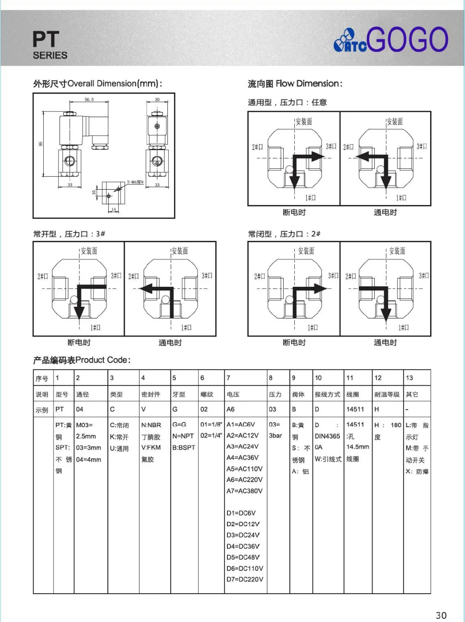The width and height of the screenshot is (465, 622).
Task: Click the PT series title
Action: (46, 40)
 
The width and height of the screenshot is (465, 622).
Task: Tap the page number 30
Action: (441, 615)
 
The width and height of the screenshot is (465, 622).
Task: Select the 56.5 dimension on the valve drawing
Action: (89, 99)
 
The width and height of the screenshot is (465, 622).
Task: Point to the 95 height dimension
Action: (40, 144)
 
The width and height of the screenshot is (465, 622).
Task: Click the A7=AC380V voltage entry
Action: (245, 491)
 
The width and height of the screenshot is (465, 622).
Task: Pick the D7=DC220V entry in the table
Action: (245, 579)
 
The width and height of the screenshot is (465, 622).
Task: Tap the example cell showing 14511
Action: (355, 409)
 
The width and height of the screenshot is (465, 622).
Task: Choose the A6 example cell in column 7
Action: (231, 409)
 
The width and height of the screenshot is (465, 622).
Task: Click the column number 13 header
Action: (409, 378)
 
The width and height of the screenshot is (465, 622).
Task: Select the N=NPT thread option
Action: (183, 436)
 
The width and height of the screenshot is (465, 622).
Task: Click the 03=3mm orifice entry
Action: (88, 448)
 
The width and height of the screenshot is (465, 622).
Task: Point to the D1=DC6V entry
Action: (241, 513)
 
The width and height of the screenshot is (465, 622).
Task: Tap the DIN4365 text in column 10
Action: (327, 436)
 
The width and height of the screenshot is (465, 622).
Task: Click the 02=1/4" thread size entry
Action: (211, 436)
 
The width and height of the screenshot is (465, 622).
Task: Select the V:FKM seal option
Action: (151, 448)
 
